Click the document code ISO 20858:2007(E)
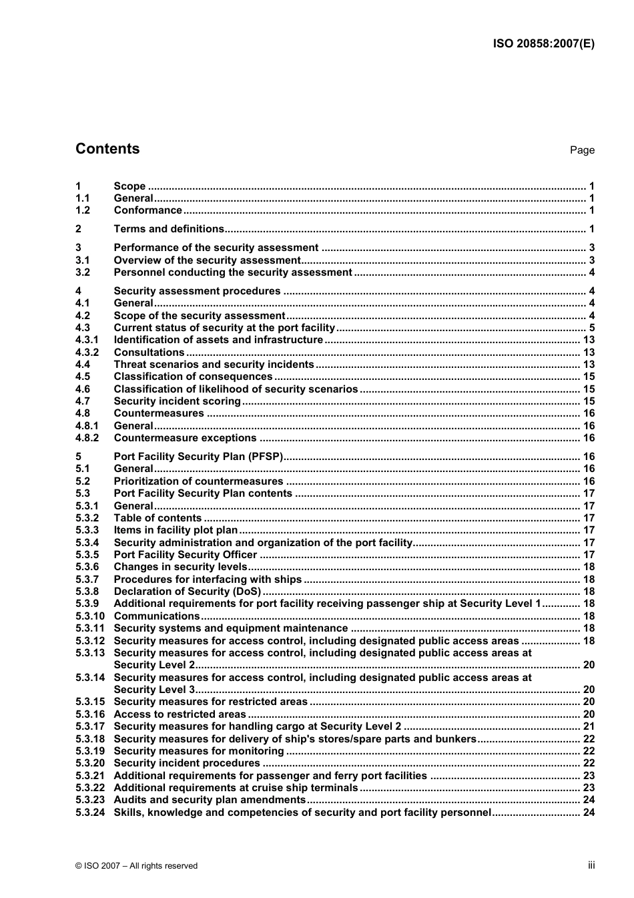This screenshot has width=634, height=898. pos(543,44)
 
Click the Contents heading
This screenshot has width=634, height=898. pos(107,149)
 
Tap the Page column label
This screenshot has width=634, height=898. pos(581,150)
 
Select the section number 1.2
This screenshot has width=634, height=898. pos(83,210)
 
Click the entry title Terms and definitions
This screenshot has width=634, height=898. pos(169,229)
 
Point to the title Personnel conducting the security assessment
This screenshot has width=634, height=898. pos(232,272)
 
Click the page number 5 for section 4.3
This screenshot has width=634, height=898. pos(591,328)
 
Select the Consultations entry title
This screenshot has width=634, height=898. pos(149,353)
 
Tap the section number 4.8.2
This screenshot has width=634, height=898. pos(87,438)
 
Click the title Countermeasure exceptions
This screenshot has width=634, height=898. pos(185,438)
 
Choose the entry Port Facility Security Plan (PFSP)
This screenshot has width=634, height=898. pos(198,457)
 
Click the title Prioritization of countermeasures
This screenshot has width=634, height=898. pos(198,481)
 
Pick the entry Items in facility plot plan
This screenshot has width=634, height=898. pos(176,530)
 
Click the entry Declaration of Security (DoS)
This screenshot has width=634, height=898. pos(187,592)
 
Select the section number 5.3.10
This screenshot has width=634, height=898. pos(89,616)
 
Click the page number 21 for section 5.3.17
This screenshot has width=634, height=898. pos(589,726)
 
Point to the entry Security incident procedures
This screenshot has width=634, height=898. pos(187,763)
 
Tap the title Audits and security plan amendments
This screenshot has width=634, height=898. pos(210,800)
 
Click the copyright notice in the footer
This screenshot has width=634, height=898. pos(136,866)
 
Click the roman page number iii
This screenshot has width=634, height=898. pos(591,865)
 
